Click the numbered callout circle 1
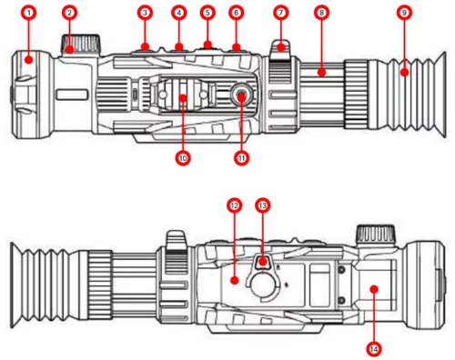coord(29,13)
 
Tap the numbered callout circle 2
coord(70,13)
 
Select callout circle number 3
coord(145,13)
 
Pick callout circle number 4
coord(179,13)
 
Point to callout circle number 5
coord(207,13)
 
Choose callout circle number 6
coord(237,13)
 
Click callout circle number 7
coord(281,13)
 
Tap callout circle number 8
coord(321,13)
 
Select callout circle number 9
coord(404,13)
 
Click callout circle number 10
coord(183,158)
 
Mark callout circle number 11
coord(241,158)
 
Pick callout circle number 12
coord(234,205)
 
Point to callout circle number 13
coord(263,205)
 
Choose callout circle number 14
coord(374,349)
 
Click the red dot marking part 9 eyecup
coord(404,73)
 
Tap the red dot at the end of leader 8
coord(321,73)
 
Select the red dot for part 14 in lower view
coord(374,289)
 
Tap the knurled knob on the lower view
coord(376,234)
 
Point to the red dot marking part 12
coord(234,280)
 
